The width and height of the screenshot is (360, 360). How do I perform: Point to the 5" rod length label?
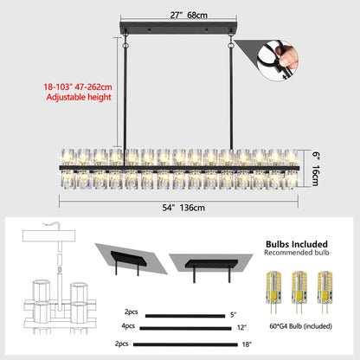click(233, 314)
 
